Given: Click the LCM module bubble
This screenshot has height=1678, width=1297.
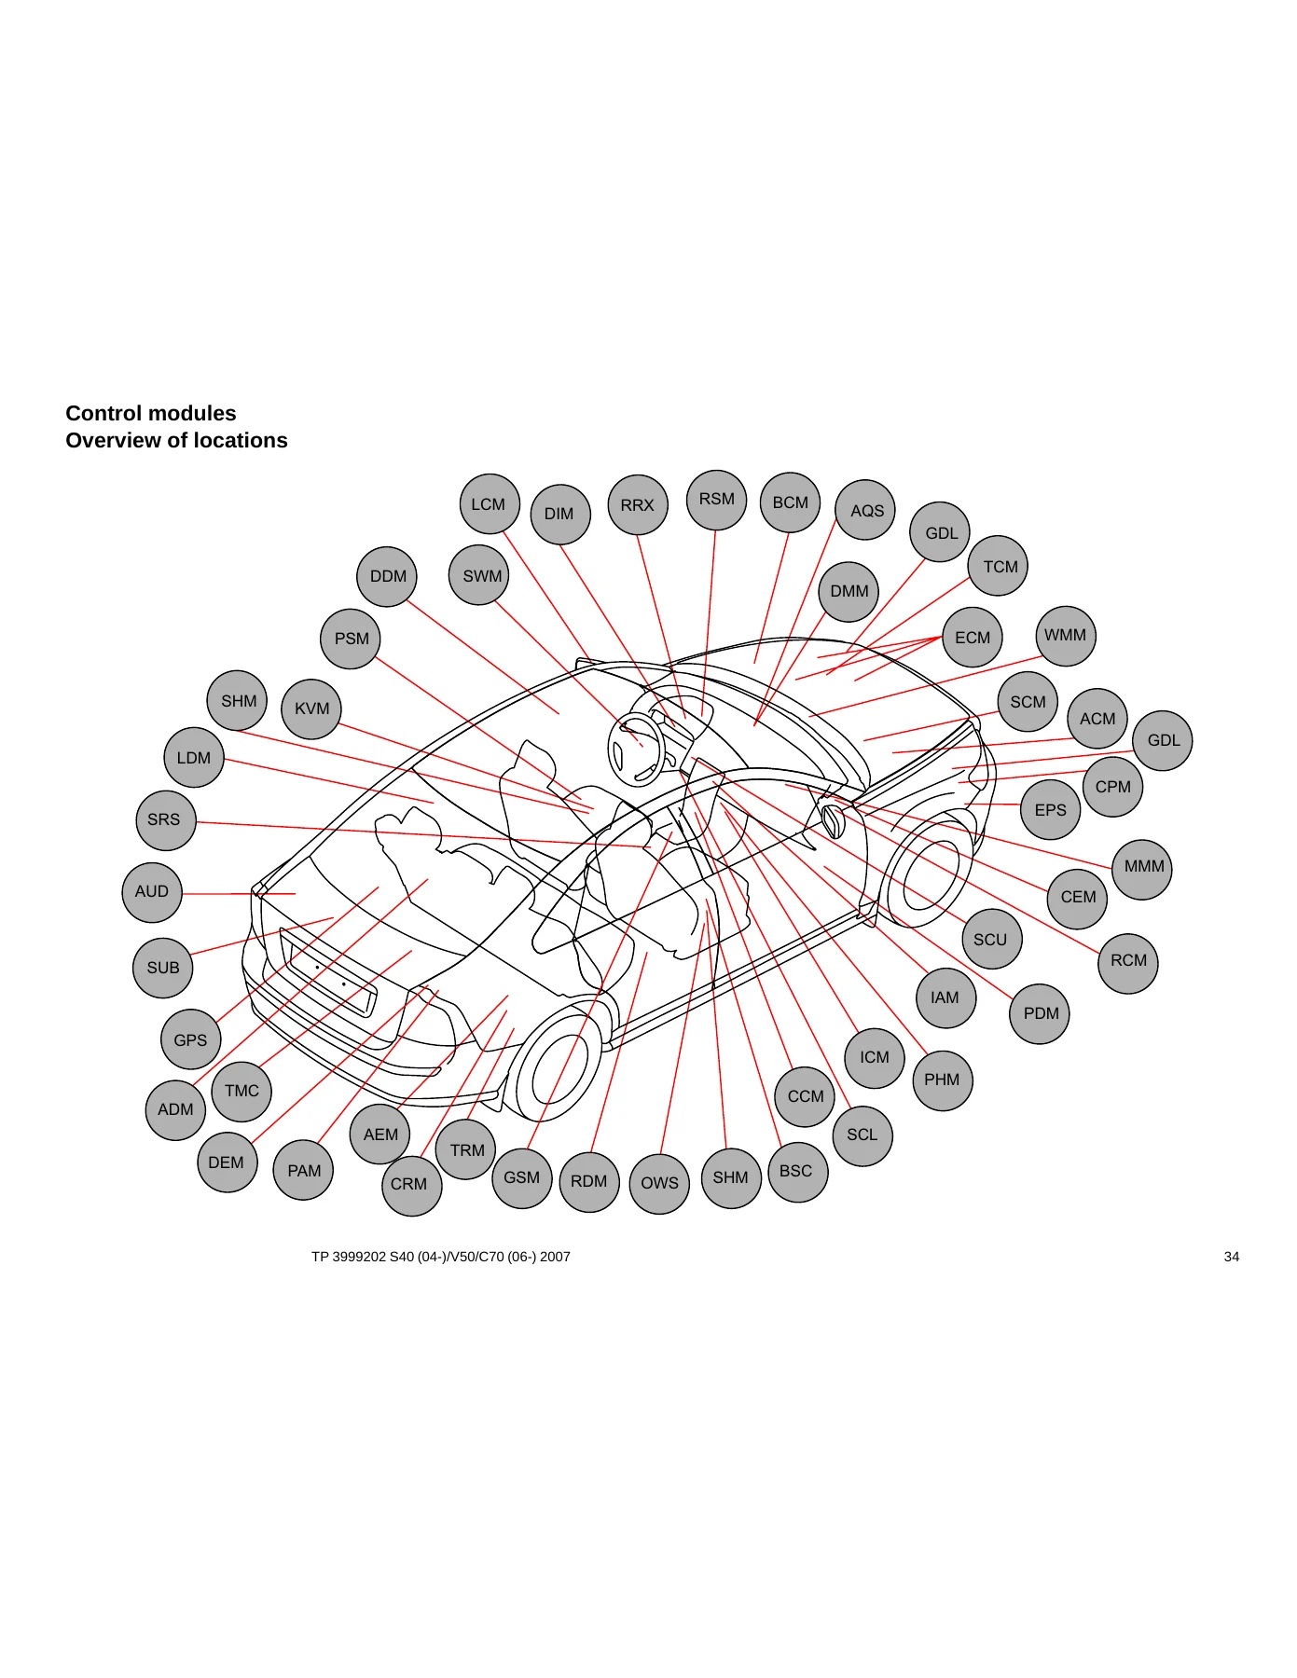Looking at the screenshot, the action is [x=490, y=504].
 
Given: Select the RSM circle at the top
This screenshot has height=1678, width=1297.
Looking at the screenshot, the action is [x=716, y=500].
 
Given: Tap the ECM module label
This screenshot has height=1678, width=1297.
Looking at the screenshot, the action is [x=973, y=638].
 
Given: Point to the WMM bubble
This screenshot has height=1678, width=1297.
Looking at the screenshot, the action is [x=1066, y=636].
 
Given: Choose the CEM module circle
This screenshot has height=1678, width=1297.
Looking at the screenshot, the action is [x=1078, y=898].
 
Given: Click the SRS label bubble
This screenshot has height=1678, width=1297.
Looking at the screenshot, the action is [x=165, y=820].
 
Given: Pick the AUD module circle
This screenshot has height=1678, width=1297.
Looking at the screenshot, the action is [x=152, y=892].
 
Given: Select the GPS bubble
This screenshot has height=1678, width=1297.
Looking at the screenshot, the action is [x=190, y=1040].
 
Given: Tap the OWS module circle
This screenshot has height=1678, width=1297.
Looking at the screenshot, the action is [x=659, y=1183].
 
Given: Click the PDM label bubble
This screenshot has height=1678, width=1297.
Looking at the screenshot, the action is [x=1041, y=1013].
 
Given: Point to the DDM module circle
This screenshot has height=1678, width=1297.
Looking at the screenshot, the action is [x=387, y=576].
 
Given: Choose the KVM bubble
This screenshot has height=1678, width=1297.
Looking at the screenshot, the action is [x=311, y=708].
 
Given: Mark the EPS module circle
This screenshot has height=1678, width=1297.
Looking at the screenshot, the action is [x=1051, y=810].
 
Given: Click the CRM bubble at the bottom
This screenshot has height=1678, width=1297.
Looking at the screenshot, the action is [x=411, y=1185].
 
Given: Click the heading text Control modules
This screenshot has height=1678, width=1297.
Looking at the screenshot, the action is [x=151, y=413].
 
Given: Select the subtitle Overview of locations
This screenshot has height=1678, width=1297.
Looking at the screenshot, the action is [x=177, y=440].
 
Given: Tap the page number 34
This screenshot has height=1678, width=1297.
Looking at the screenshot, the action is [x=1232, y=1257].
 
